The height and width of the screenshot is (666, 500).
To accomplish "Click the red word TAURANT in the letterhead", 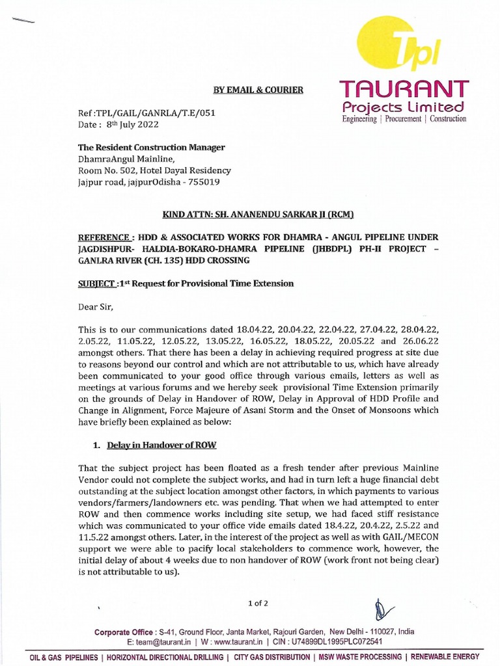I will (404, 89).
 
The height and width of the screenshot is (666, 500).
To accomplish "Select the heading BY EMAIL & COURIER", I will (258, 90).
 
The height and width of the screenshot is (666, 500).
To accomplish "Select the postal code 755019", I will (201, 183).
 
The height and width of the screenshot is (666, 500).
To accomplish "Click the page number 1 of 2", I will (258, 603).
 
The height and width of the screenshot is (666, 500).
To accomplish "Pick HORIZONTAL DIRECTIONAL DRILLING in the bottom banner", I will (166, 657).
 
